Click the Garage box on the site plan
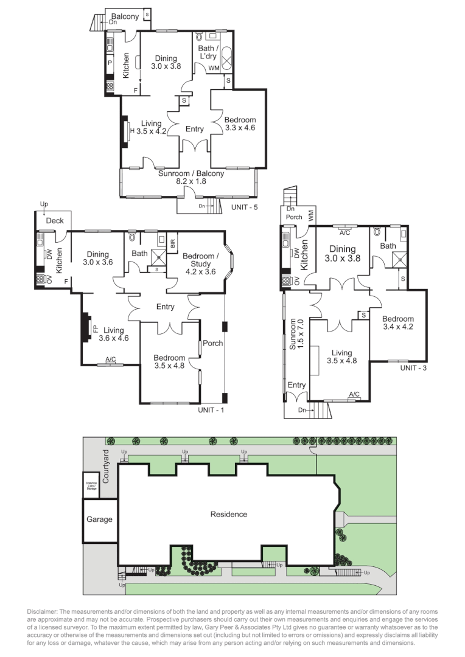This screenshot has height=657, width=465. (x=99, y=520)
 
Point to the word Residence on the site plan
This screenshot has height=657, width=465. (x=229, y=515)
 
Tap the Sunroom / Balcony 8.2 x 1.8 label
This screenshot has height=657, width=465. (x=191, y=177)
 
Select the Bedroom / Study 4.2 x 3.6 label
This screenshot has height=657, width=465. (x=200, y=260)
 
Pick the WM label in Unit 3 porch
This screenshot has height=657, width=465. (x=311, y=214)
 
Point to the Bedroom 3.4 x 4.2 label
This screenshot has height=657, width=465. (x=398, y=322)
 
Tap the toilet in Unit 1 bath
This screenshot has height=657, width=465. (x=133, y=235)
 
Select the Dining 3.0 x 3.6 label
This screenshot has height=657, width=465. (x=97, y=259)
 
